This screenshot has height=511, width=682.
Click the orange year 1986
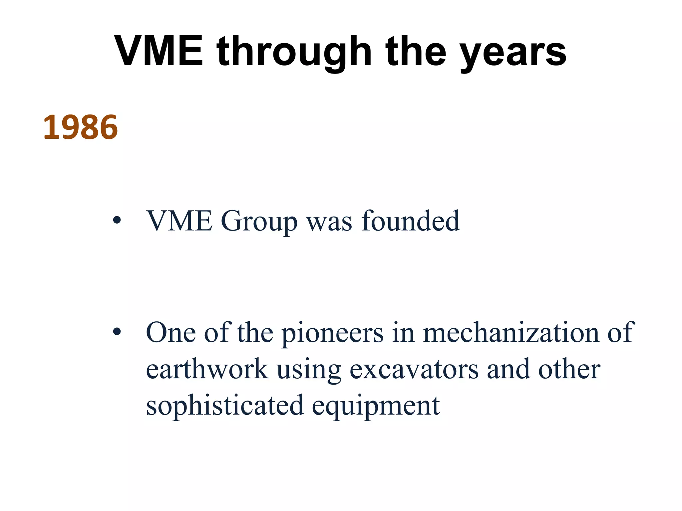[81, 128]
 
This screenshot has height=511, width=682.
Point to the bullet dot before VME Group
[117, 221]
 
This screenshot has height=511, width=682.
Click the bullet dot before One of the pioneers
[117, 332]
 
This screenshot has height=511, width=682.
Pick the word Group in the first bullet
[259, 222]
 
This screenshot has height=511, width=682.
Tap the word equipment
[376, 407]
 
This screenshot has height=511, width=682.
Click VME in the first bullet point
[179, 221]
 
